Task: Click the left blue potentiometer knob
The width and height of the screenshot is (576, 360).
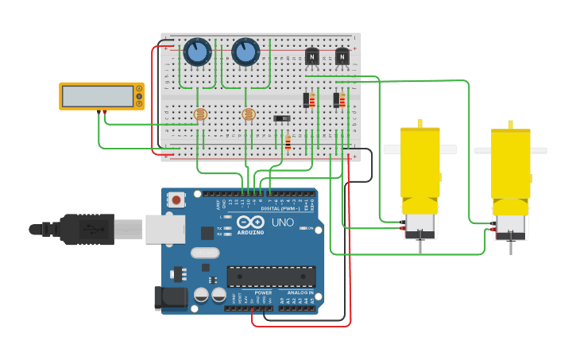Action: pyautogui.click(x=197, y=53)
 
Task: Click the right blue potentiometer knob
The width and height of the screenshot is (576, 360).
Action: pyautogui.click(x=245, y=53)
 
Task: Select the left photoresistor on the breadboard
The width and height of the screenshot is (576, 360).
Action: pyautogui.click(x=200, y=114)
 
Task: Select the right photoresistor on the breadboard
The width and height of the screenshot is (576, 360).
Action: pyautogui.click(x=249, y=114)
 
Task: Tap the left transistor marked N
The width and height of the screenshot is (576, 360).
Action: pyautogui.click(x=312, y=56)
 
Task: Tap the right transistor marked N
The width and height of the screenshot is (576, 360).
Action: pyautogui.click(x=342, y=56)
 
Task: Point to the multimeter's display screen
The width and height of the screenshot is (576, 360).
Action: pyautogui.click(x=98, y=96)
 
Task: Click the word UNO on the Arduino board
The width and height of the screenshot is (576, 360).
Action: pyautogui.click(x=282, y=223)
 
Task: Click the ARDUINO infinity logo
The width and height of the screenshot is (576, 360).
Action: pyautogui.click(x=250, y=223)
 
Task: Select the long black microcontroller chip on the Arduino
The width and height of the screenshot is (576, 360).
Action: pyautogui.click(x=271, y=277)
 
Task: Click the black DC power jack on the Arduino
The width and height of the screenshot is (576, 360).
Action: pyautogui.click(x=170, y=298)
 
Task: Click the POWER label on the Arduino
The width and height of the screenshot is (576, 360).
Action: pyautogui.click(x=263, y=292)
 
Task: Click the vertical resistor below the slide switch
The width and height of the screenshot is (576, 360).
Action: pyautogui.click(x=288, y=143)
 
